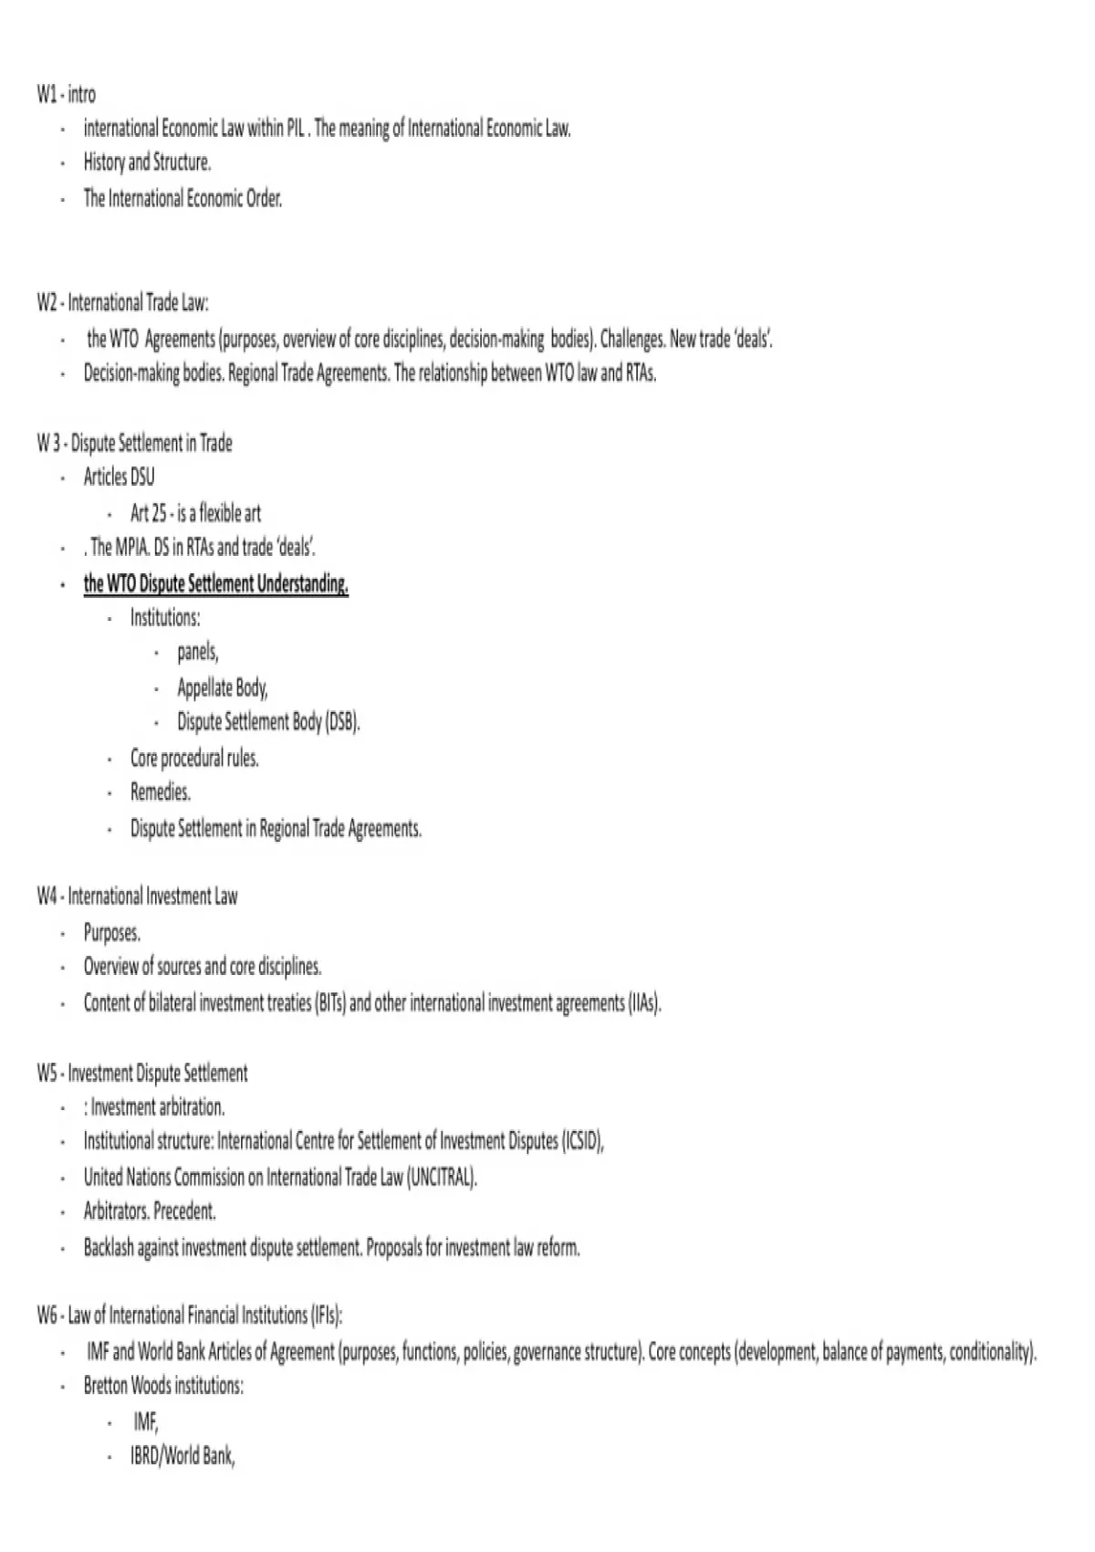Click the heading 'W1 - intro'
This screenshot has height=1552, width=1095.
coord(66,94)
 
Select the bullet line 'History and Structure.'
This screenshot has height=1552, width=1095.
coord(147,163)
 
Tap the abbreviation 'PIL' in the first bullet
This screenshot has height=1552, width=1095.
coord(296,129)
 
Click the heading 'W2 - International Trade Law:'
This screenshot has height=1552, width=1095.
coord(123,303)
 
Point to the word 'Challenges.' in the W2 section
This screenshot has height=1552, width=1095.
coord(632,340)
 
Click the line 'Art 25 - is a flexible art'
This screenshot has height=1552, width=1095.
coord(195,513)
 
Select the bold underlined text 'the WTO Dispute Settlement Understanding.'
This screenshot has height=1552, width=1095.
coord(216,583)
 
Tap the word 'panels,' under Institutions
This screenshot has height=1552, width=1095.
coord(198,652)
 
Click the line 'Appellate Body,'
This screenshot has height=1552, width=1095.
coord(223,687)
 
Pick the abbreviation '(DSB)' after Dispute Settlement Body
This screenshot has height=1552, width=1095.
coord(342,722)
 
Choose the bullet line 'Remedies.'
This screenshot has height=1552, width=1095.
coord(161,792)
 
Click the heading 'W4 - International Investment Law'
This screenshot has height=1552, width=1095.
coord(137,897)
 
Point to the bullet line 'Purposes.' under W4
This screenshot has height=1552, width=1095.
coord(112,933)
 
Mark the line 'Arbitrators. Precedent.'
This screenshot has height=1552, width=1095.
coord(150,1212)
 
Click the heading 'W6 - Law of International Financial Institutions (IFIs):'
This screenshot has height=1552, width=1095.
coord(190,1316)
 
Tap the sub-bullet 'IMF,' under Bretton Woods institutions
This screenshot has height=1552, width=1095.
coord(146,1421)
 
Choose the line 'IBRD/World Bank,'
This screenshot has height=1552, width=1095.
coord(182,1456)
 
